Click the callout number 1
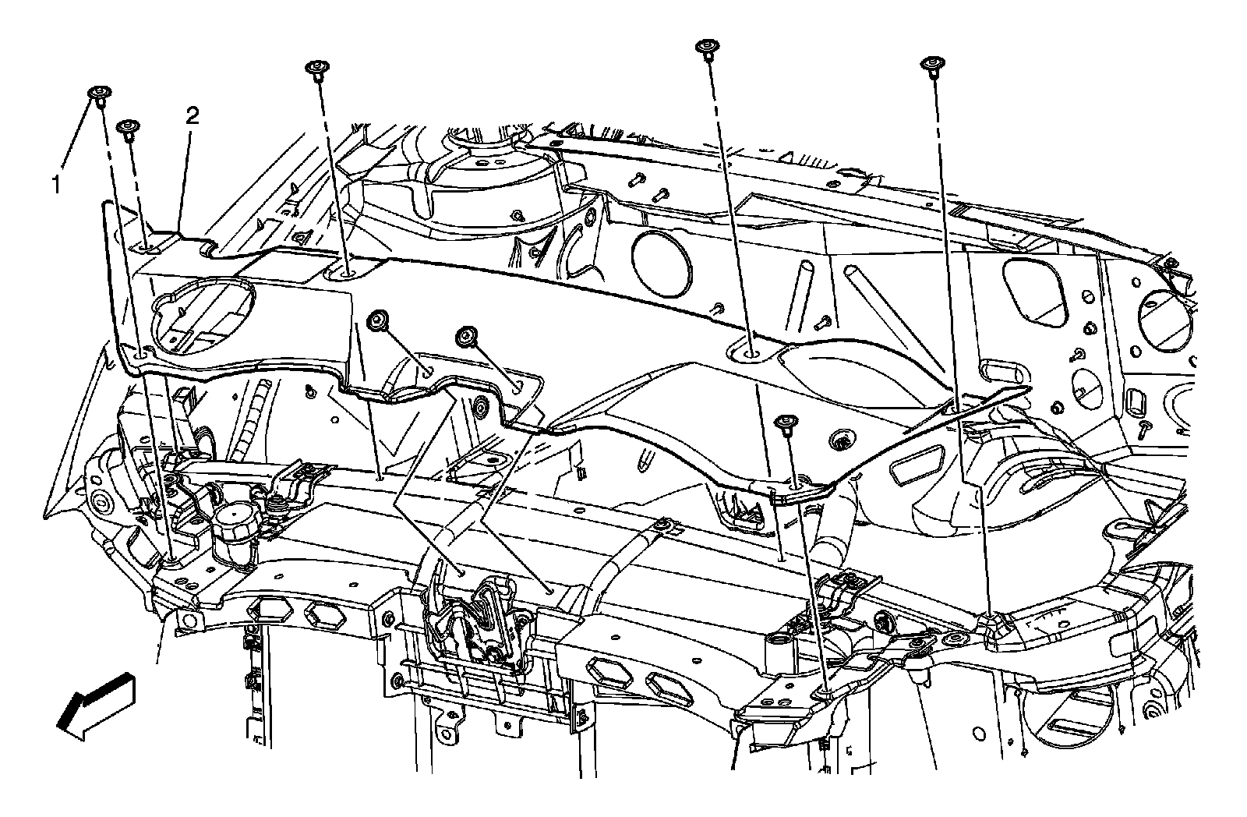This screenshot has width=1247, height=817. (55, 185)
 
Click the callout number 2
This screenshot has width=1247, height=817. (192, 116)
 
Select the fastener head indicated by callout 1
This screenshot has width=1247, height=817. (99, 94)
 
